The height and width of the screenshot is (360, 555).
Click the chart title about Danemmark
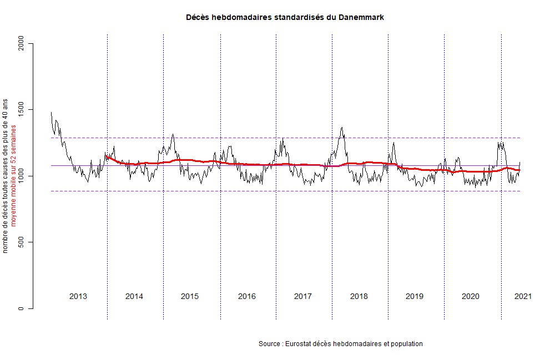pyautogui.click(x=285, y=18)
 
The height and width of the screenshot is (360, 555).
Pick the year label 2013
pyautogui.click(x=78, y=296)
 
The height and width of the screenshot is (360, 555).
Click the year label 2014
pyautogui.click(x=134, y=296)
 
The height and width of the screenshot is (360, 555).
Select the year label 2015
pyautogui.click(x=190, y=296)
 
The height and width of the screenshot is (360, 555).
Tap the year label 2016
pyautogui.click(x=247, y=296)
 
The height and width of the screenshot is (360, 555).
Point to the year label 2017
pyautogui.click(x=302, y=296)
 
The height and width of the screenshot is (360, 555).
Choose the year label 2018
pyautogui.click(x=359, y=296)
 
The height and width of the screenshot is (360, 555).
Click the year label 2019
pyautogui.click(x=415, y=296)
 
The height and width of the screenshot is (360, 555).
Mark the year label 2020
pyautogui.click(x=471, y=296)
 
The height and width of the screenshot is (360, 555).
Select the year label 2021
pyautogui.click(x=523, y=296)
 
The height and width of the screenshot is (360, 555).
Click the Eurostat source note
pyautogui.click(x=341, y=344)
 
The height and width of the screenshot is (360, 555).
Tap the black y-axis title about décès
pyautogui.click(x=6, y=176)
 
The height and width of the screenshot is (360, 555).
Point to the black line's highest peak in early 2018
pyautogui.click(x=342, y=128)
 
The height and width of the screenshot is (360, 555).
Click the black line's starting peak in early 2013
pyautogui.click(x=51, y=113)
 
